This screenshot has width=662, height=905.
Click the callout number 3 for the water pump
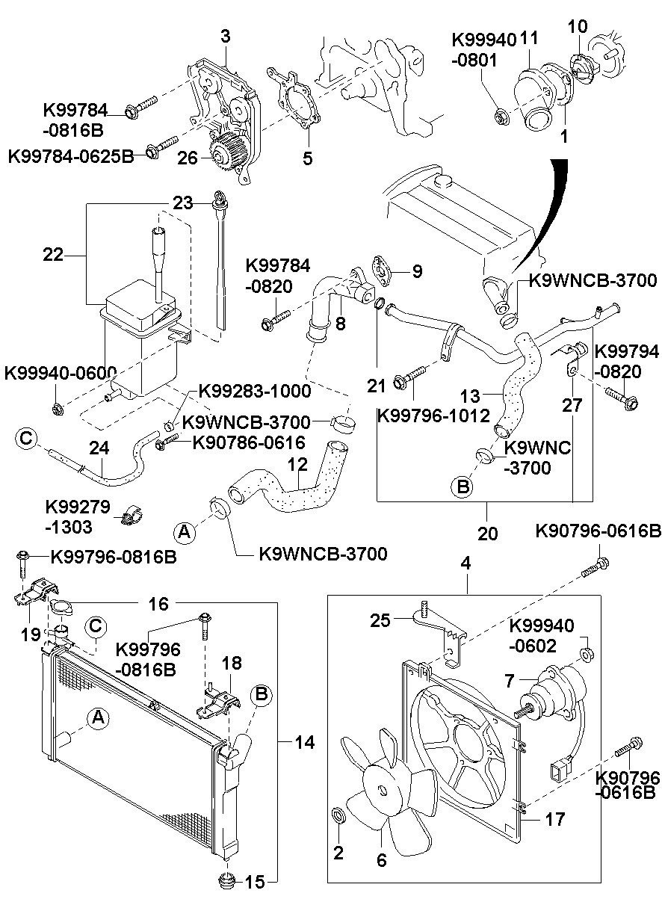pos(225,34)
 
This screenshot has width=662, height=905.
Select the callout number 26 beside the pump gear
pos(188,158)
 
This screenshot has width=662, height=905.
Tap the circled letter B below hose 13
pos(463,487)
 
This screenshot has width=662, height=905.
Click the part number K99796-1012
pos(434,415)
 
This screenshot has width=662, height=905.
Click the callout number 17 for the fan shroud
pos(554,818)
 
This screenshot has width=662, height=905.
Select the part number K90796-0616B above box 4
pos(598,531)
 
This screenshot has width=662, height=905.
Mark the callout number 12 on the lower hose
pos(297,465)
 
